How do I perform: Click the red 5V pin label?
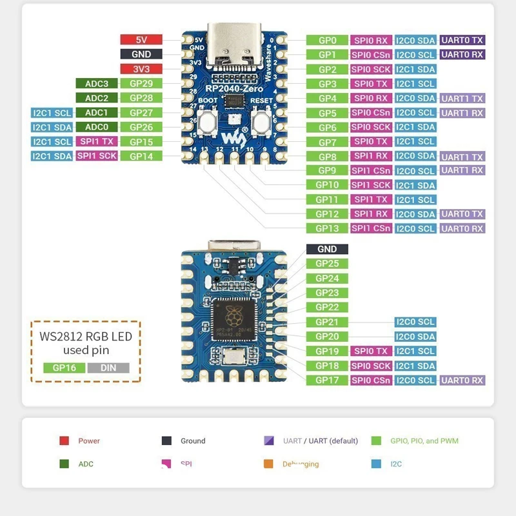point(141,40)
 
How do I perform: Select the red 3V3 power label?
point(141,69)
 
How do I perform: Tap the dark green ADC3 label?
point(97,83)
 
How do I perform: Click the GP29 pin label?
point(141,83)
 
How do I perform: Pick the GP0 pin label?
point(327,40)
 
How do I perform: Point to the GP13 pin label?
point(327,228)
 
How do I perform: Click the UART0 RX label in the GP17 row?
point(462,381)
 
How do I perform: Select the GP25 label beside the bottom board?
point(327,264)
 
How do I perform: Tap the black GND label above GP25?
point(327,249)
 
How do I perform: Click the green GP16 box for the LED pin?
point(64,368)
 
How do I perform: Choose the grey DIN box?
point(108,368)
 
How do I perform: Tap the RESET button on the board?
point(261,120)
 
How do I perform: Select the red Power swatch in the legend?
point(64,441)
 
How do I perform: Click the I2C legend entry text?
point(394,464)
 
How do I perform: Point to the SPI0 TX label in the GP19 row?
point(371,352)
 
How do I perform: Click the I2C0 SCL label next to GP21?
point(415,322)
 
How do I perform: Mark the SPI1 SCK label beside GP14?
point(97,156)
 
